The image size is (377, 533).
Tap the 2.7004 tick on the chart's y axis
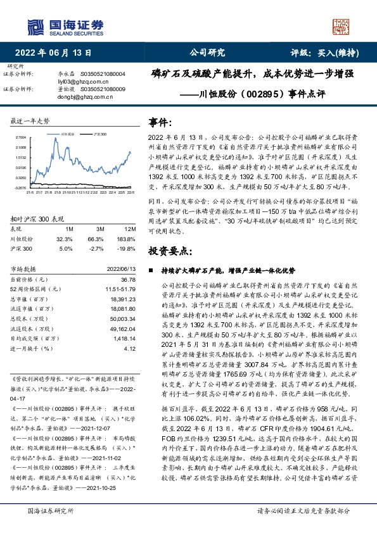20,137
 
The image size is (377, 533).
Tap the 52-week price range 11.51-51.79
118,289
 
